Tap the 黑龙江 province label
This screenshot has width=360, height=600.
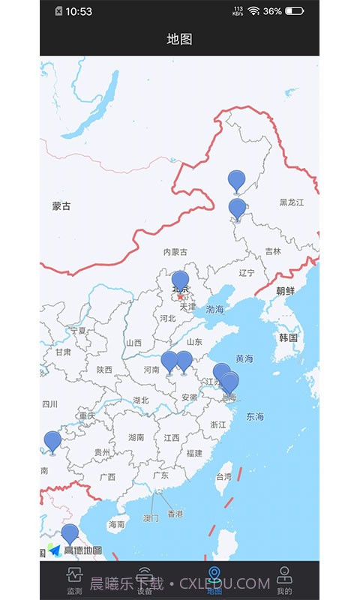pyautogui.click(x=292, y=202)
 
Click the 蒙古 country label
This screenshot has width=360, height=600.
pyautogui.click(x=61, y=206)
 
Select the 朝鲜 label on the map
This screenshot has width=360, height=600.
pyautogui.click(x=286, y=291)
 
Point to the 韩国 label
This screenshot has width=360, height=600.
pyautogui.click(x=288, y=337)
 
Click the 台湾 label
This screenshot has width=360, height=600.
pyautogui.click(x=224, y=476)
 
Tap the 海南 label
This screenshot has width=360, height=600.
pyautogui.click(x=116, y=524)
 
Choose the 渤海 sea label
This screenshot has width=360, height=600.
pyautogui.click(x=215, y=309)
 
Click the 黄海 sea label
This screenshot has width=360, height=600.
pyautogui.click(x=244, y=358)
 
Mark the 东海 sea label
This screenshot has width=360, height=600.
pyautogui.click(x=255, y=416)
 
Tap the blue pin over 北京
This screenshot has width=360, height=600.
pyautogui.click(x=180, y=282)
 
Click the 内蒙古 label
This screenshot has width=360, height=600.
pyautogui.click(x=175, y=252)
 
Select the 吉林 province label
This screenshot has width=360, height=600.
pyautogui.click(x=273, y=252)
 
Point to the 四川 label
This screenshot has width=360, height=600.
pyautogui.click(x=49, y=404)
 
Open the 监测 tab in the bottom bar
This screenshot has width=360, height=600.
pyautogui.click(x=74, y=580)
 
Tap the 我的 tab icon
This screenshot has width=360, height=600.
pyautogui.click(x=284, y=575)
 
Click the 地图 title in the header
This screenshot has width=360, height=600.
pyautogui.click(x=179, y=39)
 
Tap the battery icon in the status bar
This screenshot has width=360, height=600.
pyautogui.click(x=295, y=11)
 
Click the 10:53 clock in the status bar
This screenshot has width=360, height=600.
pyautogui.click(x=79, y=11)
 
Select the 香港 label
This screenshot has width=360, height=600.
pyautogui.click(x=175, y=514)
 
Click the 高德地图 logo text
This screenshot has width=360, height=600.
pyautogui.click(x=83, y=550)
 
